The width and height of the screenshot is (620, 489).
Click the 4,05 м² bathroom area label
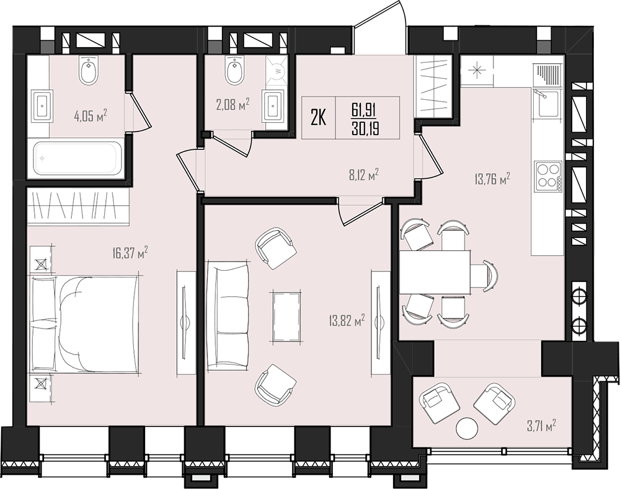(91, 117)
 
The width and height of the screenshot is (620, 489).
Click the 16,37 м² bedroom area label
(130, 253)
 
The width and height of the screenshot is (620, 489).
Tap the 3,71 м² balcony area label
(541, 426)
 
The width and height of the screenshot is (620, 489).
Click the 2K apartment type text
(318, 118)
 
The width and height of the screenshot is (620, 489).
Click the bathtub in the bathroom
(78, 159)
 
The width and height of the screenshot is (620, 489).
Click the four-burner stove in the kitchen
(549, 176)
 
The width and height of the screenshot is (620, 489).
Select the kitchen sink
(547, 103)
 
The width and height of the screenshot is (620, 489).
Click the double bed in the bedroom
(84, 324)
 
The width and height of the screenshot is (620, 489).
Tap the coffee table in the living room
(286, 317)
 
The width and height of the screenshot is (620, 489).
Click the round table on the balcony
(467, 428)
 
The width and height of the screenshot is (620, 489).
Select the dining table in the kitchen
(435, 272)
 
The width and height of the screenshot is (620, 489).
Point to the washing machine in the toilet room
(277, 69)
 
